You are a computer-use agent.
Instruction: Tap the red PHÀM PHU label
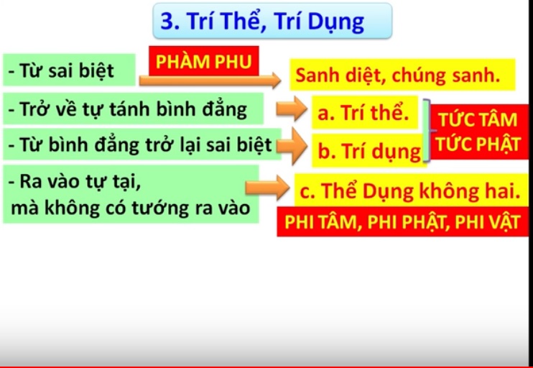point(203,61)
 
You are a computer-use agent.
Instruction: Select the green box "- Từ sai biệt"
point(69,70)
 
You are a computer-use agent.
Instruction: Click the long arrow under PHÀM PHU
point(210,80)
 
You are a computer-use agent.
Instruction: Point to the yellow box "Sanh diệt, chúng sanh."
point(402,75)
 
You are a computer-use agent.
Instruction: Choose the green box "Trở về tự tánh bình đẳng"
point(134,109)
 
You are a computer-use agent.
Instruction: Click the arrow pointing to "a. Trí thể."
point(292,109)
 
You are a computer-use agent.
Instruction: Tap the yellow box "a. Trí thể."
point(365,113)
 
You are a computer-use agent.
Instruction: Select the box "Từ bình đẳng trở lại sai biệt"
point(142,144)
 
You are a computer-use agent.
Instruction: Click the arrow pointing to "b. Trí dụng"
point(292,146)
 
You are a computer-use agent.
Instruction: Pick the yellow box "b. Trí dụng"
point(369,151)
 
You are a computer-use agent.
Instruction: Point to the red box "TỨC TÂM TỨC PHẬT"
point(478,132)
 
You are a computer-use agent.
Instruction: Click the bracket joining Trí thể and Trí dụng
point(427,130)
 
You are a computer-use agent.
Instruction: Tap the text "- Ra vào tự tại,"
point(75,181)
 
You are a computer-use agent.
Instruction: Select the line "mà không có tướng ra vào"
point(131,208)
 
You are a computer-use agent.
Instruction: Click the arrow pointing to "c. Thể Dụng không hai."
point(267,188)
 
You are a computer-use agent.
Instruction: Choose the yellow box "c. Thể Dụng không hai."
point(410,190)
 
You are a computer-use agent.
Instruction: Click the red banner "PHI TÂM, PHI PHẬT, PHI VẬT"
point(402,222)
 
